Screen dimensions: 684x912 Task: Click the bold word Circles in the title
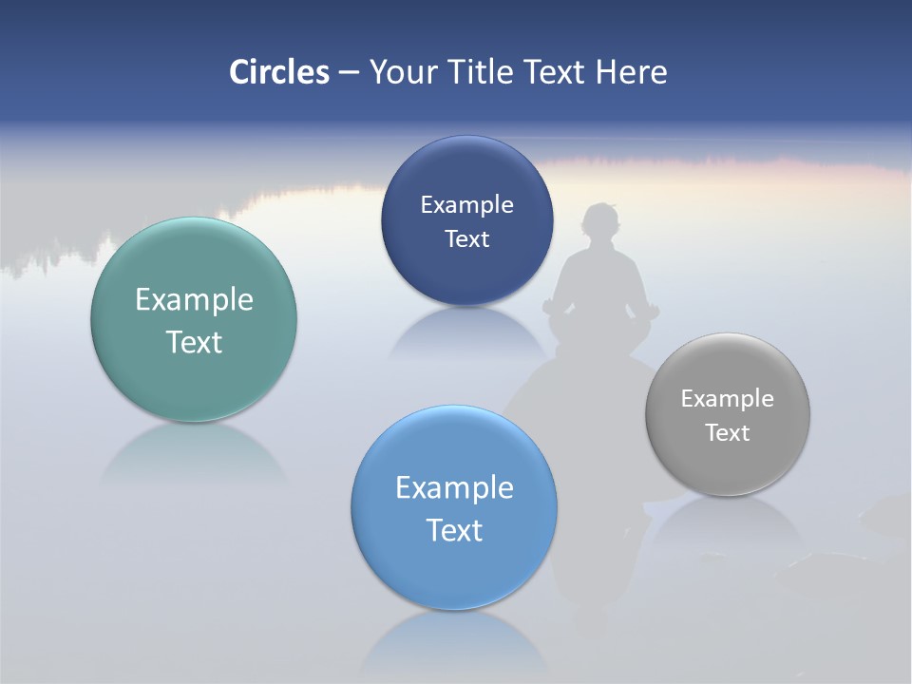click(279, 72)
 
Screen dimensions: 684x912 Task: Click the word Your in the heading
click(403, 72)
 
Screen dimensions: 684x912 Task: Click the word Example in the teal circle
click(194, 300)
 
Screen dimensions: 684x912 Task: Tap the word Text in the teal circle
click(194, 342)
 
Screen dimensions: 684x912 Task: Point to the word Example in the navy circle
click(466, 205)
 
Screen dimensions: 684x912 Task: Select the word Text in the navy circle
click(466, 238)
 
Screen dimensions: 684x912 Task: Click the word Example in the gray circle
click(728, 399)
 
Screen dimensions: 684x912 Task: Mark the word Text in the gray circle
click(728, 433)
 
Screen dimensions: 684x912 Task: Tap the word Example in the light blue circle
click(454, 488)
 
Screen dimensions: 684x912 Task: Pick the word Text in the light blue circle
click(454, 530)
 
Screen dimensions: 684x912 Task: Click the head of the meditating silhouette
click(600, 224)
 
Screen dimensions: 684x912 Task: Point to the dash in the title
click(349, 72)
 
